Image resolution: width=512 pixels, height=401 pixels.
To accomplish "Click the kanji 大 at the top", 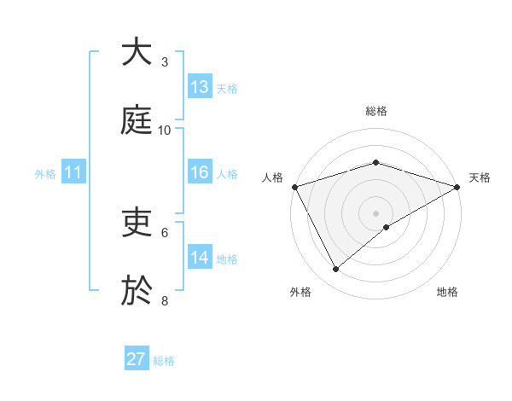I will (x=137, y=52).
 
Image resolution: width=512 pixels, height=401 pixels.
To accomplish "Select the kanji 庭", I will (x=137, y=120).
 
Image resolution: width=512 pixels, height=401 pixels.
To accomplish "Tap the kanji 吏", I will (x=137, y=223).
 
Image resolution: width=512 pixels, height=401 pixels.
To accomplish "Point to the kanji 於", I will (x=137, y=291).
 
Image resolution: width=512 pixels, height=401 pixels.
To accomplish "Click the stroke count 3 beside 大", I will (x=165, y=62).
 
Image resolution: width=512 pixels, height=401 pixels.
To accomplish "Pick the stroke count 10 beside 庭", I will (x=165, y=131).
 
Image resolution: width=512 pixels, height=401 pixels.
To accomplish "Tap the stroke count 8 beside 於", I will (x=165, y=301).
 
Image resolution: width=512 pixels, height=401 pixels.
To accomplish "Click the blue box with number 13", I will (x=200, y=87).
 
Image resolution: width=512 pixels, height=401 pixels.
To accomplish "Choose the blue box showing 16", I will (x=200, y=172).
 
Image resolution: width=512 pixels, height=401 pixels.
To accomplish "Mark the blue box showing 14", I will (x=200, y=258).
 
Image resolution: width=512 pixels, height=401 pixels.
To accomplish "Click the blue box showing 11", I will (x=73, y=173).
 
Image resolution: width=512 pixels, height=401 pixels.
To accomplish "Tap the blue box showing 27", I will (x=137, y=359).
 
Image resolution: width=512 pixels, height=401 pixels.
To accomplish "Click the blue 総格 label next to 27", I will (x=164, y=361).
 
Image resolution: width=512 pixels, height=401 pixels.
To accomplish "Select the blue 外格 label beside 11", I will (x=45, y=174).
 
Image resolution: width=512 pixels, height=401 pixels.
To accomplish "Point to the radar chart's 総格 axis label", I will (x=375, y=112).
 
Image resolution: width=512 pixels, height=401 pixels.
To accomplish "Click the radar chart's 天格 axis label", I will (x=480, y=177).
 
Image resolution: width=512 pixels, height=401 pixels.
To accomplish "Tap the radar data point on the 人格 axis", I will (x=294, y=187).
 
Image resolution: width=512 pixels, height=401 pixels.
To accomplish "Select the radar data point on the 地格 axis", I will (x=387, y=227).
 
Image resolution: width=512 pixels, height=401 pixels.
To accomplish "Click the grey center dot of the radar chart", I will (x=375, y=212).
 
